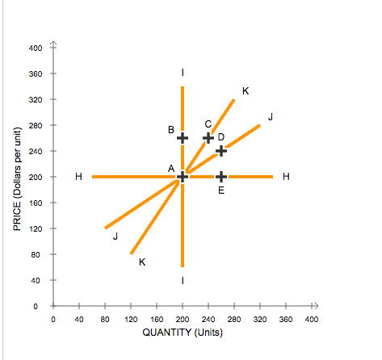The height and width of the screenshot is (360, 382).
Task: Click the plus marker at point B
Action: tap(183, 137)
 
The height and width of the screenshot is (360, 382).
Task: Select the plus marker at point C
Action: tap(208, 137)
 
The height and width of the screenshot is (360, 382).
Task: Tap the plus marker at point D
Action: tap(221, 150)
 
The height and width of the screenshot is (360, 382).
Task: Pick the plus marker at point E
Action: tap(221, 177)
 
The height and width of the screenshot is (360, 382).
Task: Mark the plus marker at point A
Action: tap(183, 177)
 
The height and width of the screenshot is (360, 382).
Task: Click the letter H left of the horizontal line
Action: tap(78, 177)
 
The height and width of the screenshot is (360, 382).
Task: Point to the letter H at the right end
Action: tap(287, 177)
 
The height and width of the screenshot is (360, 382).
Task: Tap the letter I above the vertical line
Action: tap(183, 73)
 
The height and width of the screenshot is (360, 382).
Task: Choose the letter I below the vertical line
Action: tap(183, 280)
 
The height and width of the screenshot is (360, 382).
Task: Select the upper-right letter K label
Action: tap(246, 92)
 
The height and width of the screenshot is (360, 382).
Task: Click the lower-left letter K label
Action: tap(142, 262)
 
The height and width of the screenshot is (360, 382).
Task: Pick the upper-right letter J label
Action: tap(271, 117)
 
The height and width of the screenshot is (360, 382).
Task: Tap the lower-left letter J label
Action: tap(115, 236)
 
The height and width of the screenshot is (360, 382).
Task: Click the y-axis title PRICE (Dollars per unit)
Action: tap(16, 179)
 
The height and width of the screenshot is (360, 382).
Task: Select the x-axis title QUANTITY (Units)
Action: tap(183, 332)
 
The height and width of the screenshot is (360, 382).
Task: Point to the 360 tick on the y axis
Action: tap(36, 73)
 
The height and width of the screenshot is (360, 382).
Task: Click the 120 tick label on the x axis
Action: tap(131, 319)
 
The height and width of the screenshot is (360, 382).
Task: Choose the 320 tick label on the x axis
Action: tap(260, 319)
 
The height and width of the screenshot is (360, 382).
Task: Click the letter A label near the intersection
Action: tap(171, 167)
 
